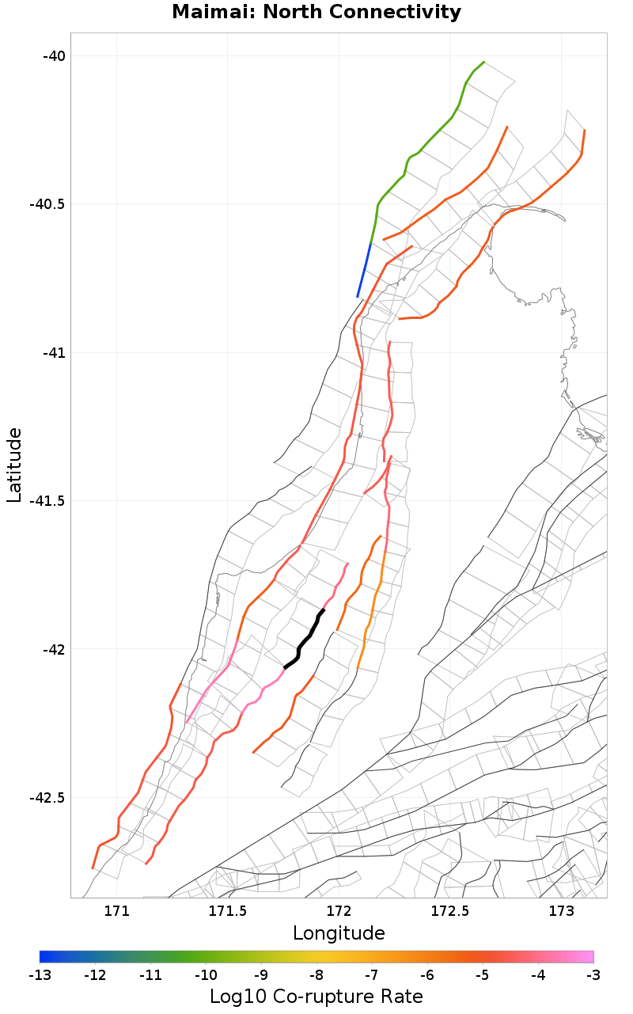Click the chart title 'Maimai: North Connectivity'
[316, 13]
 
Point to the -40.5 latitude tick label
[47, 204]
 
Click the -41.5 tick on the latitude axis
[47, 501]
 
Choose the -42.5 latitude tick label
[47, 798]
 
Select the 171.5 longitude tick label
[228, 911]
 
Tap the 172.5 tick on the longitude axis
[450, 911]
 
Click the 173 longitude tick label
[561, 911]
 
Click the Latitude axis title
[14, 465]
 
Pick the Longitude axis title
[339, 933]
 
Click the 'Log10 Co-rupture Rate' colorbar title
[316, 997]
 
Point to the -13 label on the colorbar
[40, 974]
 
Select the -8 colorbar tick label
[316, 974]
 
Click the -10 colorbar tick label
[206, 974]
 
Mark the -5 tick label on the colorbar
[483, 974]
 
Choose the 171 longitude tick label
[117, 911]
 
